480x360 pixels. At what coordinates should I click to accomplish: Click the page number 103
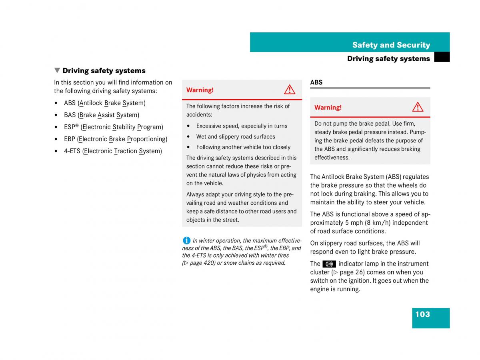click(x=422, y=314)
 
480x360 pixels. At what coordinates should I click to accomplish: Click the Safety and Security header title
click(x=391, y=45)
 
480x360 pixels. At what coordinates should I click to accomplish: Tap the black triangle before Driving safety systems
click(x=57, y=70)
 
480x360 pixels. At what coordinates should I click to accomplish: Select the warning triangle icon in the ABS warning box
click(x=418, y=107)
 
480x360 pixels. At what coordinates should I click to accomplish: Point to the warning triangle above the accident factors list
click(x=290, y=90)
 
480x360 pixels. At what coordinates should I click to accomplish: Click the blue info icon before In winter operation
click(x=186, y=240)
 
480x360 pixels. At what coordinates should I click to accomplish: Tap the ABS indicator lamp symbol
click(x=329, y=264)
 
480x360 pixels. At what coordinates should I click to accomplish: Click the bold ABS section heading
click(x=316, y=82)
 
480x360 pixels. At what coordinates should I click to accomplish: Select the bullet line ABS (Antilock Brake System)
click(x=104, y=103)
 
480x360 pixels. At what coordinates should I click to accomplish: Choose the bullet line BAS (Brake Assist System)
click(x=101, y=115)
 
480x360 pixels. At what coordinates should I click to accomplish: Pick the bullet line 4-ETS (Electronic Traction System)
click(x=113, y=151)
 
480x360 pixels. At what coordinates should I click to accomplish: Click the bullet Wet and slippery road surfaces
click(x=236, y=137)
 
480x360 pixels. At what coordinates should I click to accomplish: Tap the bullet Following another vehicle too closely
click(x=243, y=147)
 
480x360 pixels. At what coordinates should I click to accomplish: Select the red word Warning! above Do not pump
click(x=328, y=108)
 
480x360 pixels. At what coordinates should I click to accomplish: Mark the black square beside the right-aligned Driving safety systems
click(x=442, y=58)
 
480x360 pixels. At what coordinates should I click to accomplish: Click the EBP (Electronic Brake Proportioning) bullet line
click(x=115, y=139)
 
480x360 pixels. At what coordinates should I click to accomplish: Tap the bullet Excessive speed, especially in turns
click(x=242, y=126)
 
